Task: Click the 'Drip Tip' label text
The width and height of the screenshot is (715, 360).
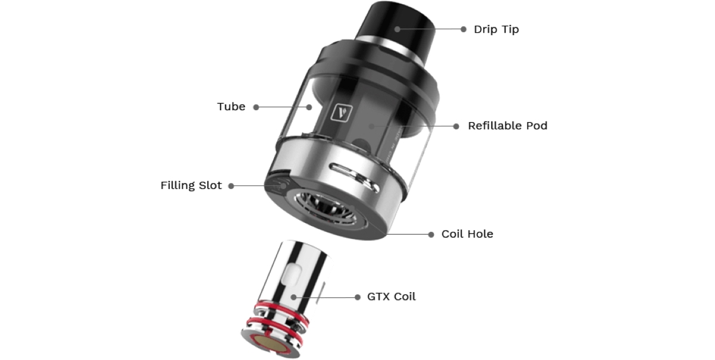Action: coord(496,29)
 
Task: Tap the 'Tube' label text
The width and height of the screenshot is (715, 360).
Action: coord(231,107)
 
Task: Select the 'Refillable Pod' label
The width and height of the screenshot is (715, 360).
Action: coord(507,126)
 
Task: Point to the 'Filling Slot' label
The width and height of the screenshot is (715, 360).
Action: coord(191,185)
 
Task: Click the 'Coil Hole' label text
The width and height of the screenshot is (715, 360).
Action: coord(467,234)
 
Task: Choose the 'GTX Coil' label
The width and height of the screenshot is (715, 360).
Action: coord(391,296)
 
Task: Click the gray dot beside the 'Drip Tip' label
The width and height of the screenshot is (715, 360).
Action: coord(464,29)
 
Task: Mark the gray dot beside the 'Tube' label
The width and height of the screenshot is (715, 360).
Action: coord(256,107)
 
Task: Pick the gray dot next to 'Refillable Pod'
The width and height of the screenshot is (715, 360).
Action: coord(456,126)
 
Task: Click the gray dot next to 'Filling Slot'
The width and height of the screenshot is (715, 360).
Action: coord(231,186)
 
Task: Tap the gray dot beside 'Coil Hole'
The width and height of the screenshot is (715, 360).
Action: coord(431,234)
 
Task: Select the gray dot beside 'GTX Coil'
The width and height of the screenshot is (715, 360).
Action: coord(357,297)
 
